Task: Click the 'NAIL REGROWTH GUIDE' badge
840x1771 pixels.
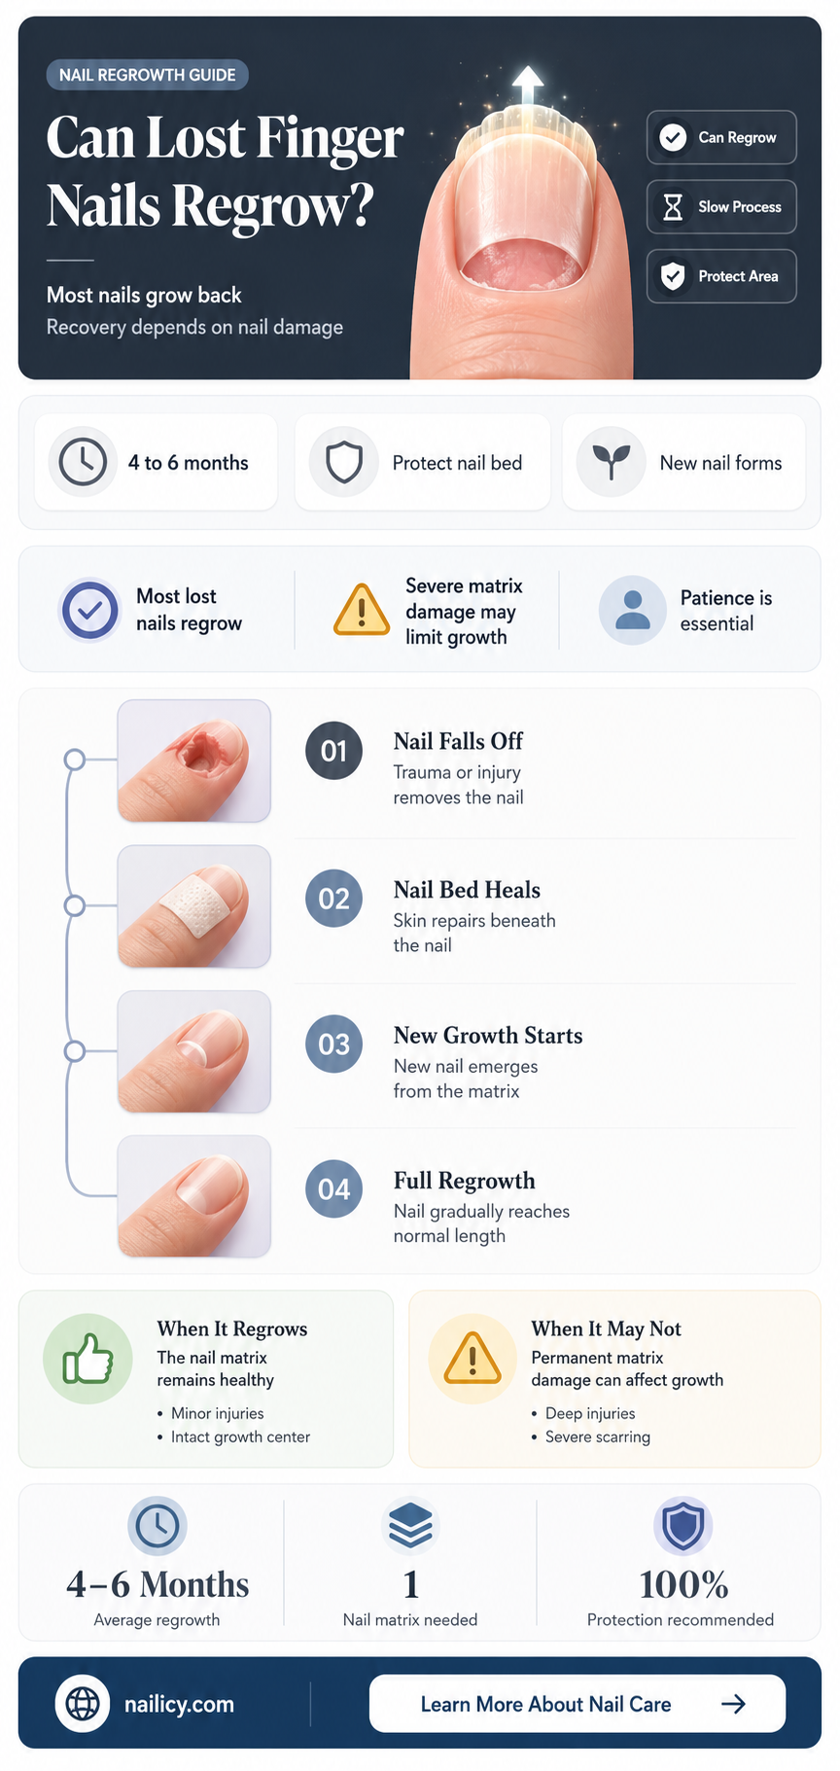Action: point(147,75)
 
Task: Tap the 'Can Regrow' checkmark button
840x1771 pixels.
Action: point(721,137)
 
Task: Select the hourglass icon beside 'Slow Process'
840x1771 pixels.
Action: point(673,207)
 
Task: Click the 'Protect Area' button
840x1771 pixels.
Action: point(721,276)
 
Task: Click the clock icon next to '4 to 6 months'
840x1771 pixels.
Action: point(83,462)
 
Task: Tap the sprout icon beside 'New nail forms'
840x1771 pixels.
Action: point(612,462)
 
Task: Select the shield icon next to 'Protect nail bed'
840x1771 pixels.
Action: point(344,462)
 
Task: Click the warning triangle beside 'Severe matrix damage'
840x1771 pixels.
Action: point(362,611)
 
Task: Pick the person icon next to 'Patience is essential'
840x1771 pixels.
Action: point(633,611)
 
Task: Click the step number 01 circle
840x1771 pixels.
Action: point(333,751)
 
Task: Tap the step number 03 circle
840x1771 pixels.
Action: point(333,1045)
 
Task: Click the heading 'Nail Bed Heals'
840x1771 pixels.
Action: point(467,890)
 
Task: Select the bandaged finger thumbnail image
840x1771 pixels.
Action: point(194,906)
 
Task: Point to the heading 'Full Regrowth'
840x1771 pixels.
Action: point(465,1181)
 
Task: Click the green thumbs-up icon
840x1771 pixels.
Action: point(88,1359)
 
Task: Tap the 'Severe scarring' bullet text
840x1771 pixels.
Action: point(598,1436)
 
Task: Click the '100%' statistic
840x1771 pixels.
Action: point(683,1585)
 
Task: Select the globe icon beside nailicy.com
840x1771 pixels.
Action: point(83,1704)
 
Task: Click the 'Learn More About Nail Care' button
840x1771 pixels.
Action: point(577,1704)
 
